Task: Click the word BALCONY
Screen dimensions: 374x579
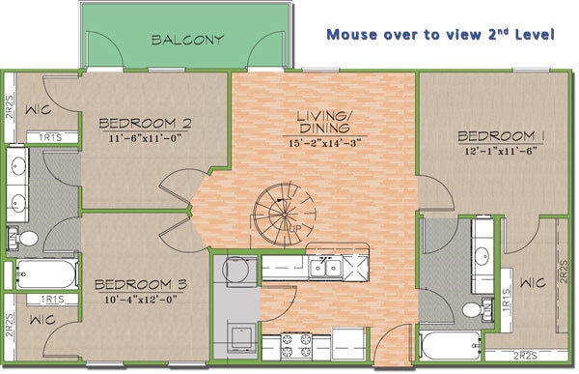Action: (x=188, y=41)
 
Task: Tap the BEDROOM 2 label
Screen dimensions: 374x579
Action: (x=145, y=123)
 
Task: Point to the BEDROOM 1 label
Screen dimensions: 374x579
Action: (x=501, y=135)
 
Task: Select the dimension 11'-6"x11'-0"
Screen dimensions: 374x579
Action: (x=145, y=138)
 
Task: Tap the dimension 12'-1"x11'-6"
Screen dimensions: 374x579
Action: (x=501, y=151)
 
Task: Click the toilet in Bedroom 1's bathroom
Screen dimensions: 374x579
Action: (x=472, y=309)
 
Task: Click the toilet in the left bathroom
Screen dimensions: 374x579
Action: (x=27, y=237)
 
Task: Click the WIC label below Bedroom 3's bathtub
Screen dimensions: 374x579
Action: (x=41, y=319)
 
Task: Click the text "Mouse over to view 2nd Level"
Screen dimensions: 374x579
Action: (x=440, y=35)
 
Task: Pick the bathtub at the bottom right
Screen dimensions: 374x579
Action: (x=449, y=345)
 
